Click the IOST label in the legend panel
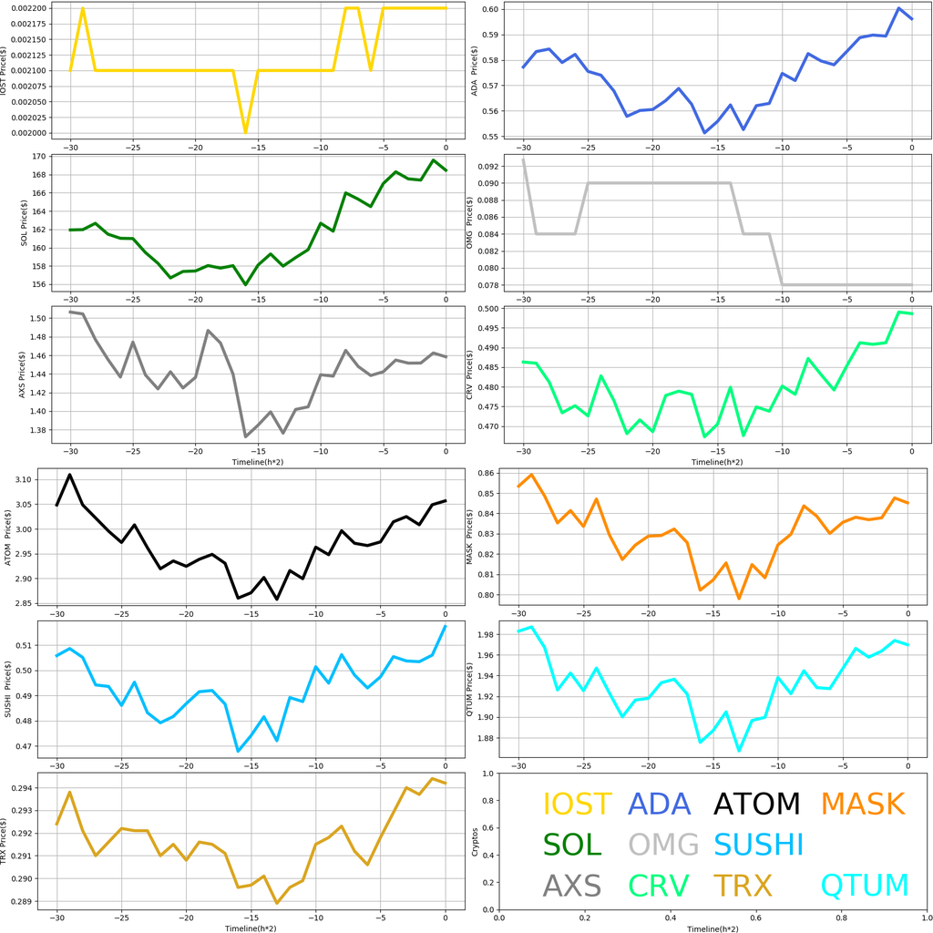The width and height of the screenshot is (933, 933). (577, 805)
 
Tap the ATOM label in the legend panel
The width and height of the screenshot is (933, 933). (756, 805)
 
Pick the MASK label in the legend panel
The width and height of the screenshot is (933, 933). (862, 805)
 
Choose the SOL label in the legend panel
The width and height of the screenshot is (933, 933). (572, 845)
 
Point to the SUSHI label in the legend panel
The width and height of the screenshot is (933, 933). (759, 845)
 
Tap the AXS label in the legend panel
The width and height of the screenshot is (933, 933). (572, 886)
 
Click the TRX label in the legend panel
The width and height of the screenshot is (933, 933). (743, 886)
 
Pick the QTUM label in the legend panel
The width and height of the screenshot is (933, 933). (865, 886)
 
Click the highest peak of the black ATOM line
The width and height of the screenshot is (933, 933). (69, 475)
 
